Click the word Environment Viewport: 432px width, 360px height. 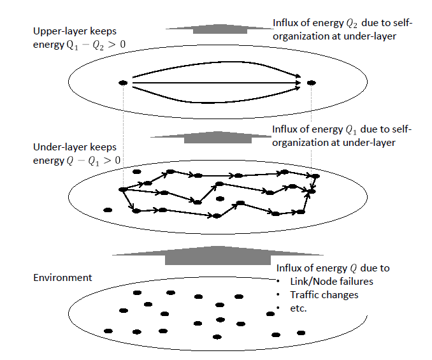point(62,278)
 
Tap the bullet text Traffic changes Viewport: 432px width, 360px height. point(324,295)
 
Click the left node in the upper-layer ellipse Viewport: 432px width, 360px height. point(123,83)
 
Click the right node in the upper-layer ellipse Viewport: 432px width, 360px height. point(311,83)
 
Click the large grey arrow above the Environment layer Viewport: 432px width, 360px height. point(217,256)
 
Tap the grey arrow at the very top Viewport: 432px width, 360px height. point(217,29)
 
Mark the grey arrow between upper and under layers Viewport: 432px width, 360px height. point(217,136)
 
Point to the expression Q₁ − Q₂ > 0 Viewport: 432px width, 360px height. point(90,45)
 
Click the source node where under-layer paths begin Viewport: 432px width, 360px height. point(122,189)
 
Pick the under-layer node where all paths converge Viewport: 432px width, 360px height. point(312,191)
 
